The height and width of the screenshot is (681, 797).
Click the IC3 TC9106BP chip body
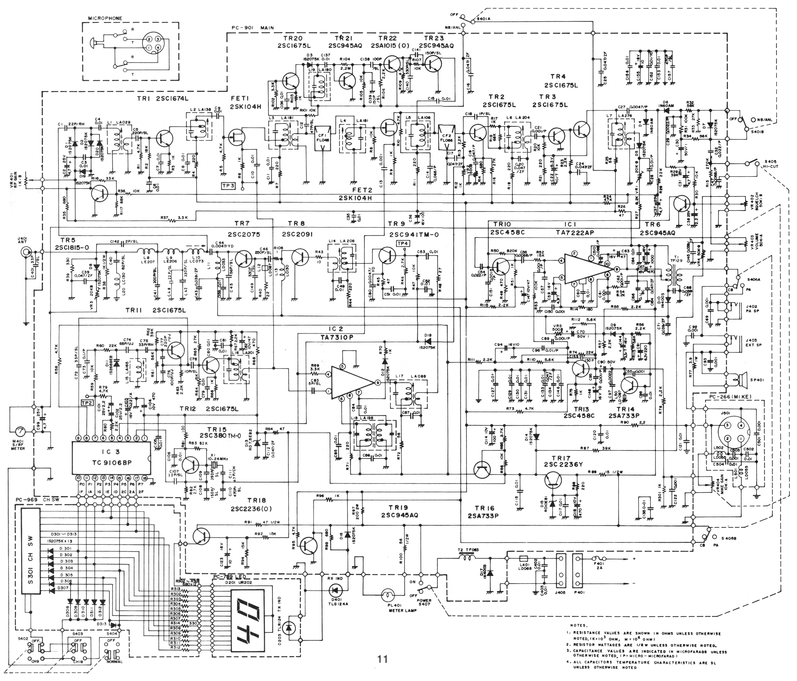[112, 458]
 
